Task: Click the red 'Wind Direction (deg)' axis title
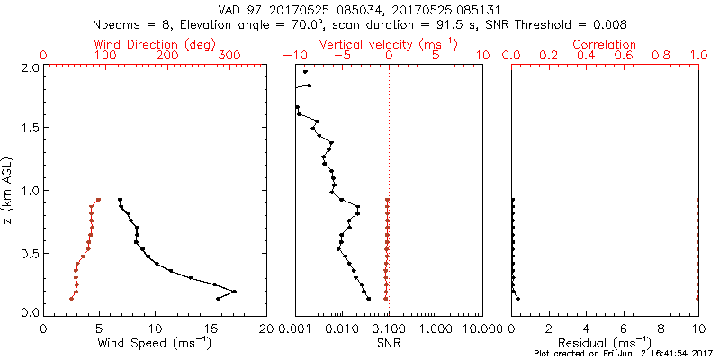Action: [x=155, y=44]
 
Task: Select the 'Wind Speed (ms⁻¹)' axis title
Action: [x=155, y=342]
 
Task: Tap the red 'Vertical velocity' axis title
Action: [x=387, y=44]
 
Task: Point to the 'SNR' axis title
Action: [x=387, y=342]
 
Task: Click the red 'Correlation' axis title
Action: [x=604, y=44]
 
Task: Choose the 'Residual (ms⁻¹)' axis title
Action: [x=604, y=342]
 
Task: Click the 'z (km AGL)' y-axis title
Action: [x=9, y=189]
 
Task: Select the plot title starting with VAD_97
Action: [x=360, y=9]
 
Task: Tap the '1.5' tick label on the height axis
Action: [x=30, y=128]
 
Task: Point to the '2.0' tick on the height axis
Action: [x=30, y=67]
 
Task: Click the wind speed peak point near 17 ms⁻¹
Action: [x=234, y=292]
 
